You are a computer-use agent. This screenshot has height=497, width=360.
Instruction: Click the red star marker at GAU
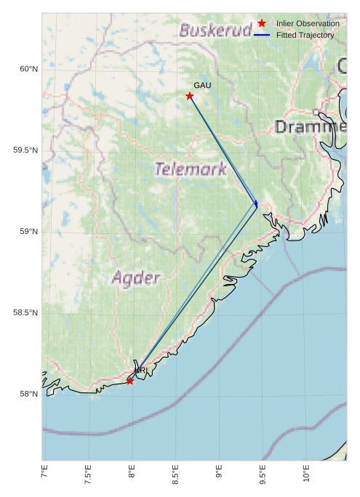190,96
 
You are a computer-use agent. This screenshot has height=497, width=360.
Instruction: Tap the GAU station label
202,86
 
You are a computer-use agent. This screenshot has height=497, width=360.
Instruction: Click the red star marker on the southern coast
130,381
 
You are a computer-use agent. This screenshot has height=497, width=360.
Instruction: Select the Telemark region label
191,169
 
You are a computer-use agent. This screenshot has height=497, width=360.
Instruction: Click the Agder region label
135,278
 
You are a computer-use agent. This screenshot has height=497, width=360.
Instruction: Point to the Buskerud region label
216,31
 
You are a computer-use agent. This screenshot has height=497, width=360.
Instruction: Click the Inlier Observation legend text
308,24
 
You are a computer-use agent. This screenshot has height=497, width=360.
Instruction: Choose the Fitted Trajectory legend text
305,35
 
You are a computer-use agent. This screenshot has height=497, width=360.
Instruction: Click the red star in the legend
262,24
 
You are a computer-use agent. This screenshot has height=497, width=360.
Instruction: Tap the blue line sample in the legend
262,35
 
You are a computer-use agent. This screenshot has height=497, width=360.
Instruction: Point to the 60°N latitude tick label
28,69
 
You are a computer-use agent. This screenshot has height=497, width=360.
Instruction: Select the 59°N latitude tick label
28,232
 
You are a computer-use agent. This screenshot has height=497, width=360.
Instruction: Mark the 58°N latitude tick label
28,395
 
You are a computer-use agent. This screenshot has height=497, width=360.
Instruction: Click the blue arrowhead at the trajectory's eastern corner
256,204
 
